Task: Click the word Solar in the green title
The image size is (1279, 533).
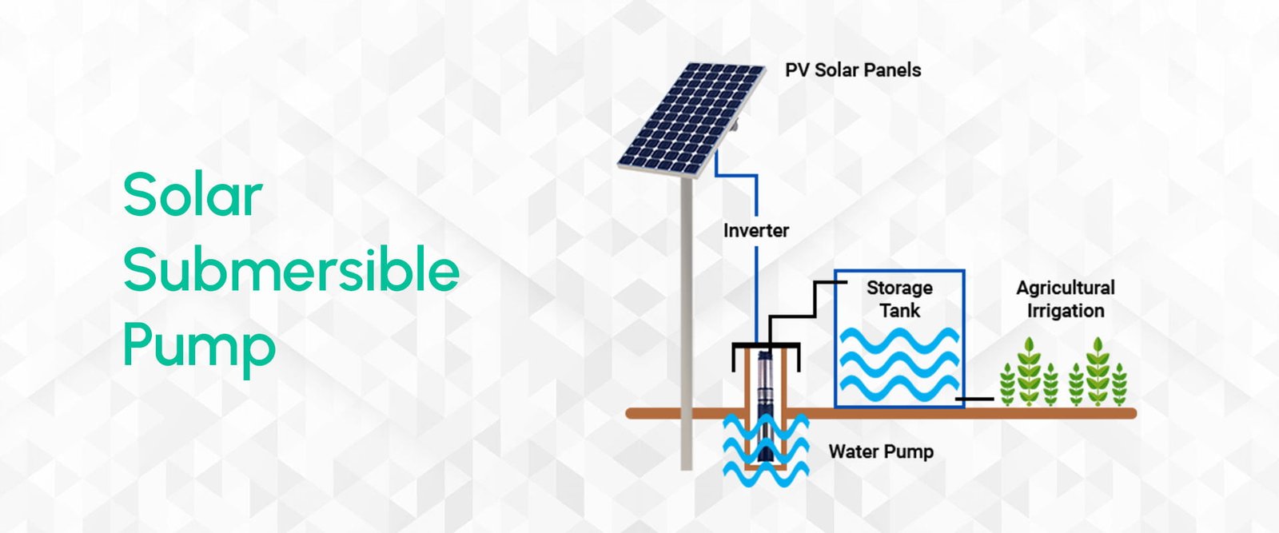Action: (193, 195)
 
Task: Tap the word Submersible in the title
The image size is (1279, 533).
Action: (291, 272)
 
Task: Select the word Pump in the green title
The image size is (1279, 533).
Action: (199, 346)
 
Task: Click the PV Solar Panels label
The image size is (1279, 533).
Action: (853, 70)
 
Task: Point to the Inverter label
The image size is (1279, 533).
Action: (755, 231)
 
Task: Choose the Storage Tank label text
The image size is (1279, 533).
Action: (899, 299)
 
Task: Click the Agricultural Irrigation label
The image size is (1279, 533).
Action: (1065, 299)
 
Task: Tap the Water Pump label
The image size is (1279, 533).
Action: (880, 451)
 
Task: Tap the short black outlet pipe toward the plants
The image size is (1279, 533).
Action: (978, 398)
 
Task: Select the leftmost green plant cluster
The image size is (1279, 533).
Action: (1029, 373)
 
